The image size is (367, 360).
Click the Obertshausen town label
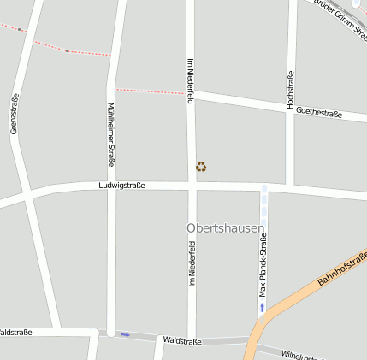point(225,228)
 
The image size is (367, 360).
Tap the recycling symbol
point(201,167)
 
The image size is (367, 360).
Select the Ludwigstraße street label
point(121,185)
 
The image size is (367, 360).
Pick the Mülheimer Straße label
point(110,134)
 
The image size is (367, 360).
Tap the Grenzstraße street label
point(15,114)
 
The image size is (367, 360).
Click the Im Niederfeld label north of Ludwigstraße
point(190,81)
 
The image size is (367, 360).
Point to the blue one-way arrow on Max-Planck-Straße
point(263,306)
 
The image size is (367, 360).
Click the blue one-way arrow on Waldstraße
point(126,334)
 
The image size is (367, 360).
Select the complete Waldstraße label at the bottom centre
point(181,341)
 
